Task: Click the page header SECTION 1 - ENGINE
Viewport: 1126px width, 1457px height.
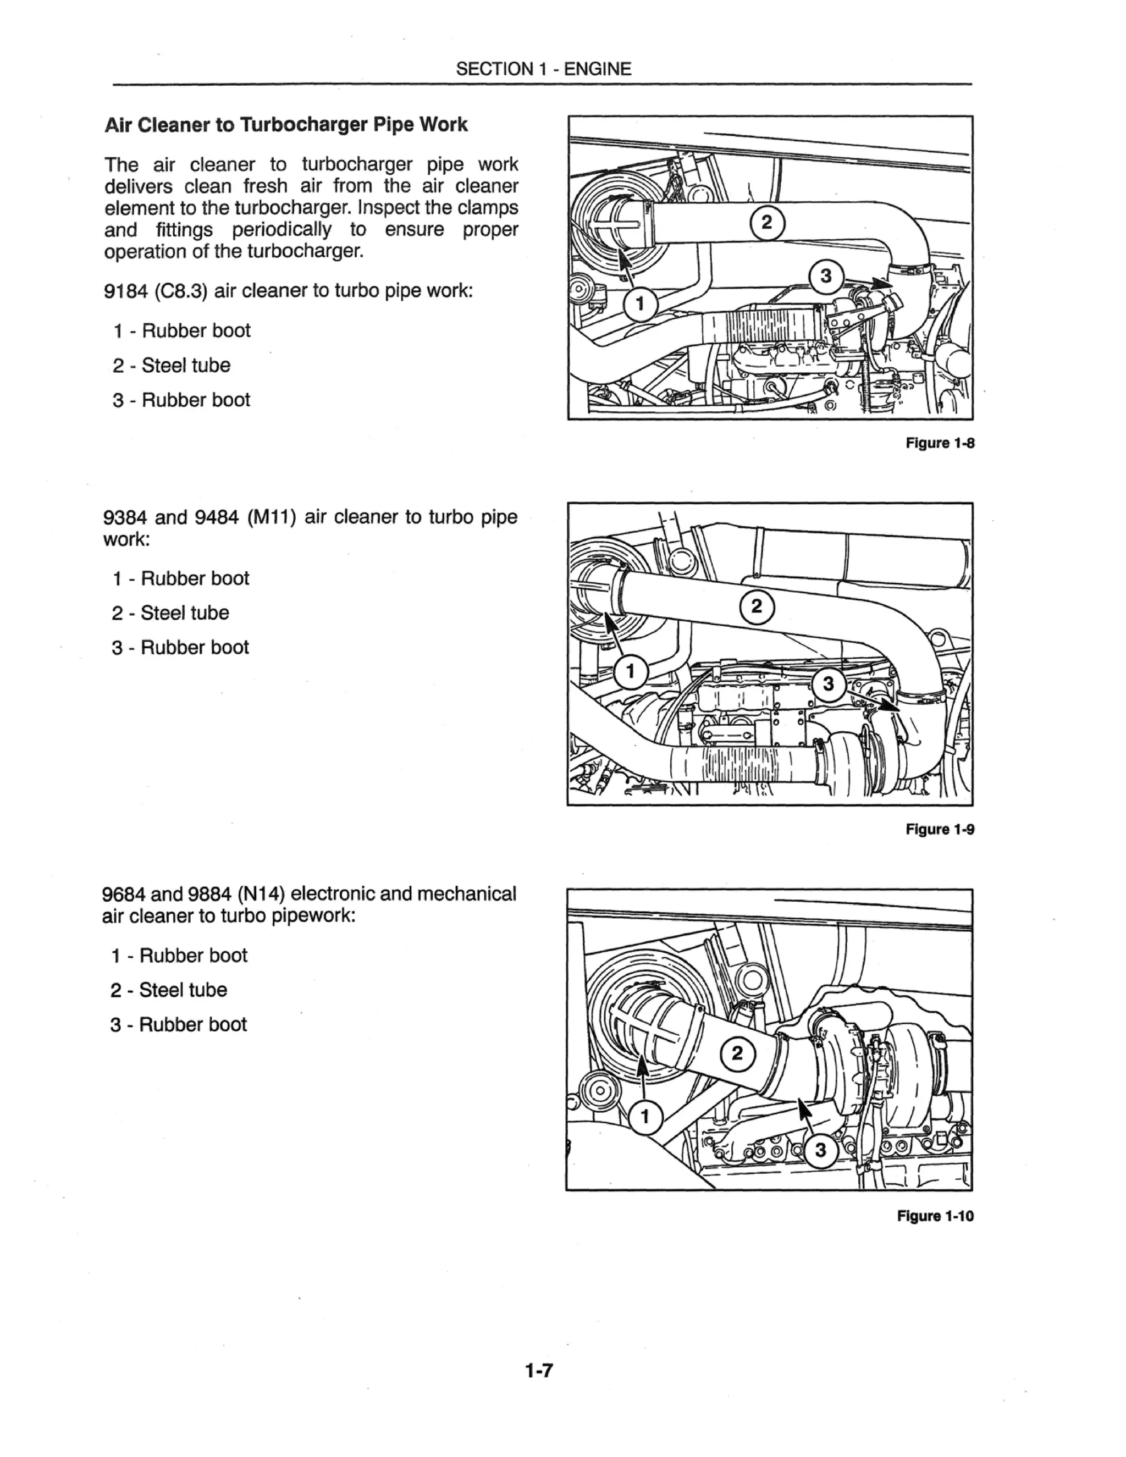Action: point(543,69)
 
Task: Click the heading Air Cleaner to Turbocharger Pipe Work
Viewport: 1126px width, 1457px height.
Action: point(286,125)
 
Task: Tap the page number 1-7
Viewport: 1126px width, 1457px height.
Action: point(539,1370)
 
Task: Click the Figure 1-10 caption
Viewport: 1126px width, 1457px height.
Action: point(935,1216)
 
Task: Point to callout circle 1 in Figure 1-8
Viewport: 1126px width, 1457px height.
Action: point(641,304)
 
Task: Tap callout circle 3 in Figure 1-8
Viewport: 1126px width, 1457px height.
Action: point(826,275)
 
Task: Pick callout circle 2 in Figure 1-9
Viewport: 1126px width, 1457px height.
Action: point(757,606)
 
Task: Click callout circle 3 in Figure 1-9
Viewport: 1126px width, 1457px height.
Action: point(829,684)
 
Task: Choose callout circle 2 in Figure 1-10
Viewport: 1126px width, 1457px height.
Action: point(737,1054)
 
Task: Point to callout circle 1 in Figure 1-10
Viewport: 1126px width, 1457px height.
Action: point(644,1116)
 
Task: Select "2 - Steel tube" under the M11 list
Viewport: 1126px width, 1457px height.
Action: point(171,612)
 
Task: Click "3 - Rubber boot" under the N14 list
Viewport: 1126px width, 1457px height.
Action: point(179,1024)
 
